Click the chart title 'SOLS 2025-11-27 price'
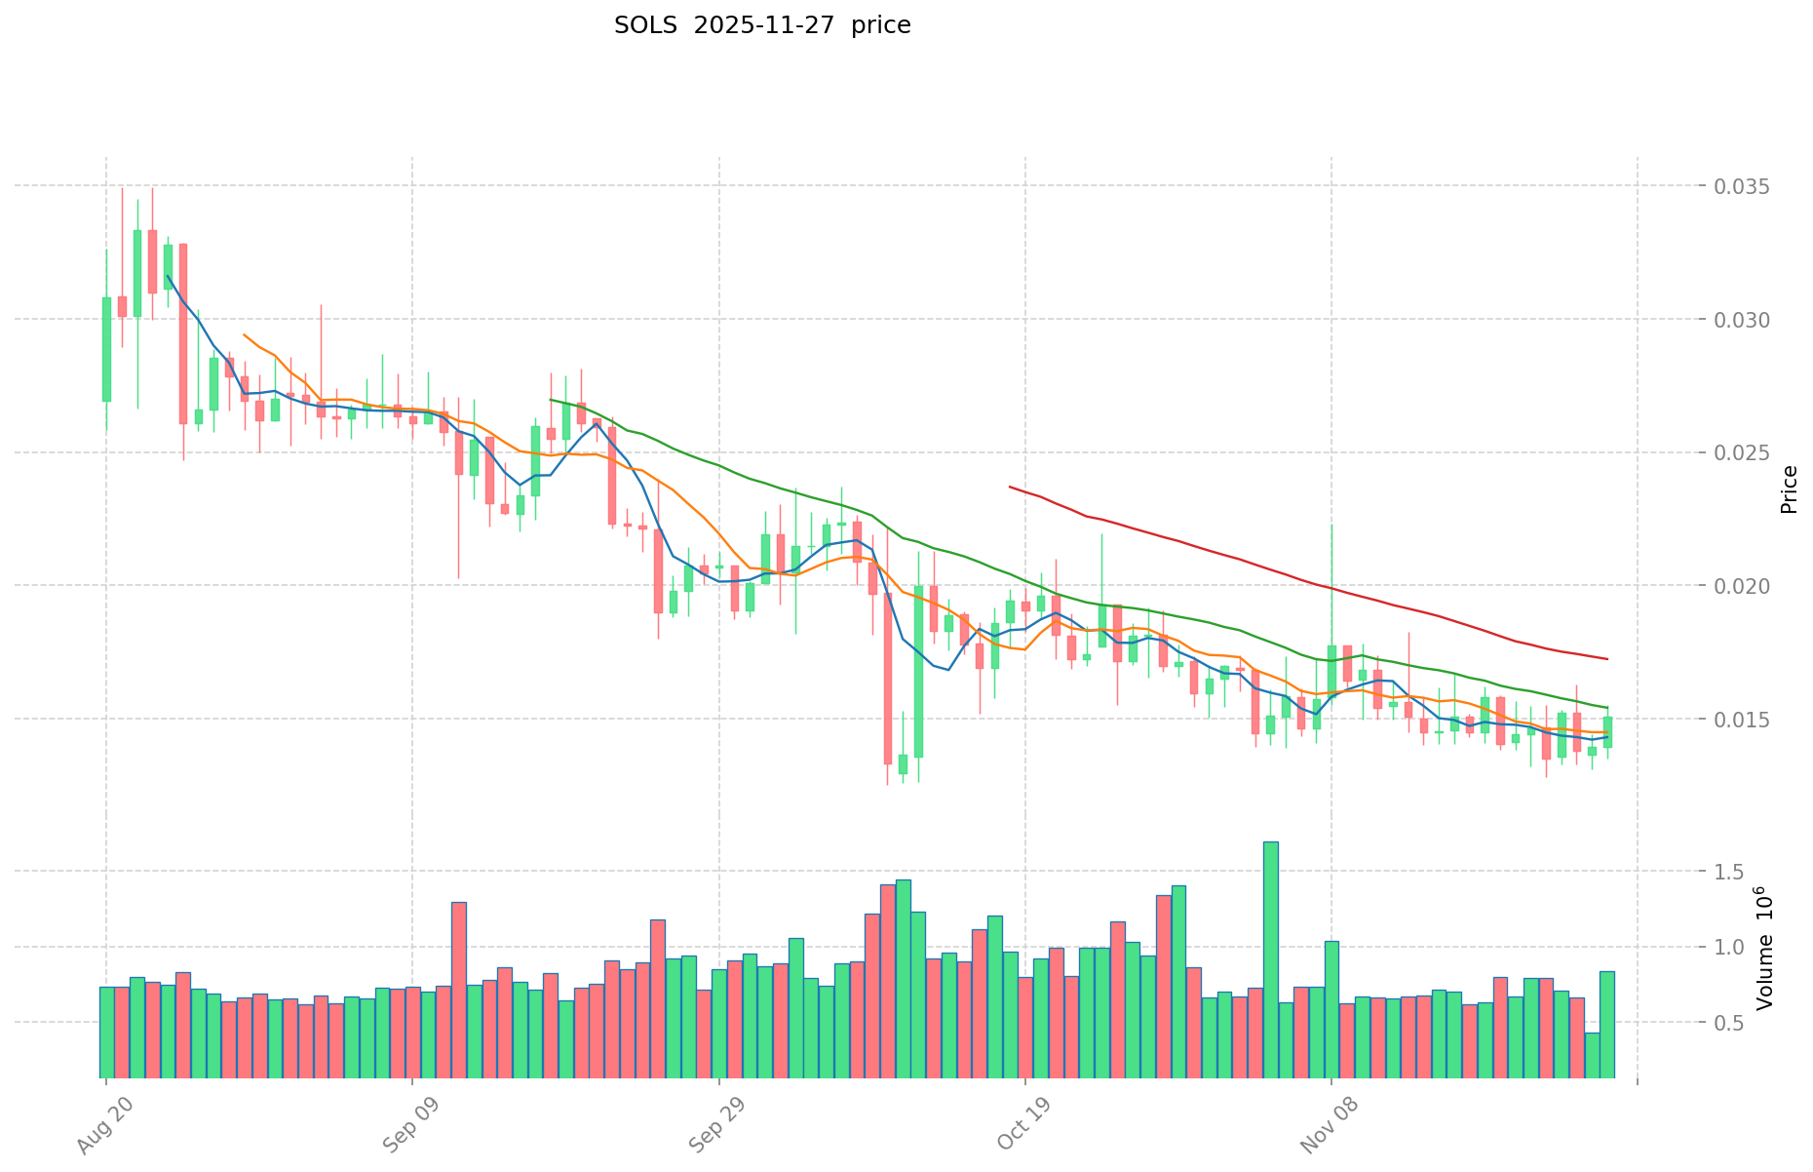click(762, 25)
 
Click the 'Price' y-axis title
click(1789, 489)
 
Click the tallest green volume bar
click(1271, 959)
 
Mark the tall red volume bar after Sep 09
click(458, 989)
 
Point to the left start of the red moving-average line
click(1010, 487)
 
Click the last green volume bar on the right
click(1606, 1024)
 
